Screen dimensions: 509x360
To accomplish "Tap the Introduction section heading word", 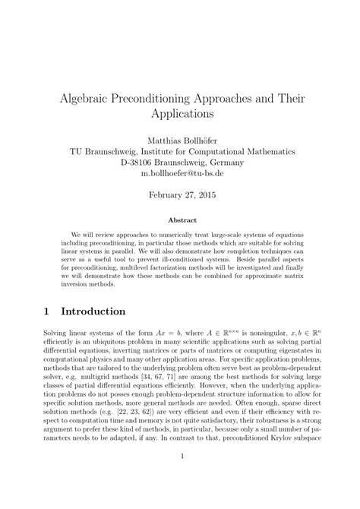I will [x=93, y=311].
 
